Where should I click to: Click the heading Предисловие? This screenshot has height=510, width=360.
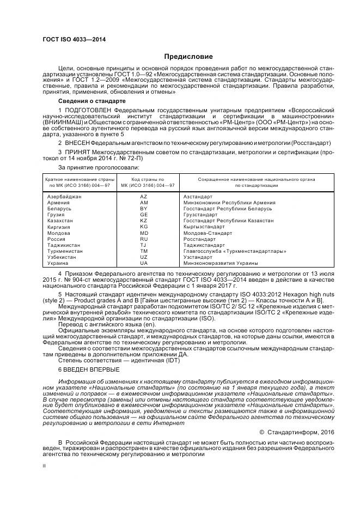[189, 57]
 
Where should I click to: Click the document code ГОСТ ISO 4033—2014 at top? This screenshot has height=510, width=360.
[74, 40]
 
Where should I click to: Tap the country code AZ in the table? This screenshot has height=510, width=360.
[144, 196]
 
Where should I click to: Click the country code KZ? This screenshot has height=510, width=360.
[144, 221]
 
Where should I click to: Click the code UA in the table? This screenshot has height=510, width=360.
[144, 263]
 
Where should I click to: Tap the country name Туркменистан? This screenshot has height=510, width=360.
[65, 251]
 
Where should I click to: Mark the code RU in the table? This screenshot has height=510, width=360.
[144, 239]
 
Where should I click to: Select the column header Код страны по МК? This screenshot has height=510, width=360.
[144, 182]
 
